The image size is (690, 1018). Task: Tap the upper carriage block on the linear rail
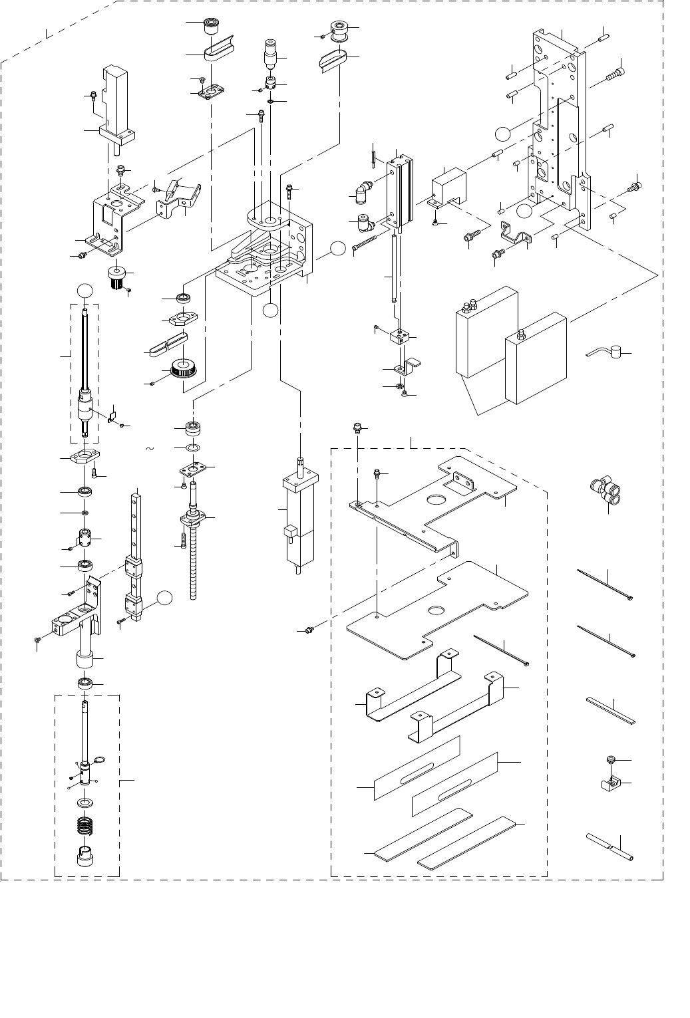point(134,568)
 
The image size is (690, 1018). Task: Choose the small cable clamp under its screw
point(610,785)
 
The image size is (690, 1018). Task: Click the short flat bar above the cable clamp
point(611,710)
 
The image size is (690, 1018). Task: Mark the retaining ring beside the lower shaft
point(100,761)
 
